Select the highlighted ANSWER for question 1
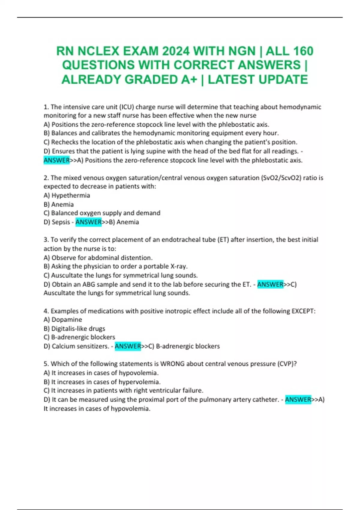[56, 160]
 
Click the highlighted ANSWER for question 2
[88, 222]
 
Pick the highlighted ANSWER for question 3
[270, 284]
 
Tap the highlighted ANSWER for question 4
[128, 346]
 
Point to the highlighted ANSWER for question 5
[298, 400]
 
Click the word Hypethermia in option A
[71, 195]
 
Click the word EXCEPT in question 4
[303, 311]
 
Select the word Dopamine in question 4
[67, 319]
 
